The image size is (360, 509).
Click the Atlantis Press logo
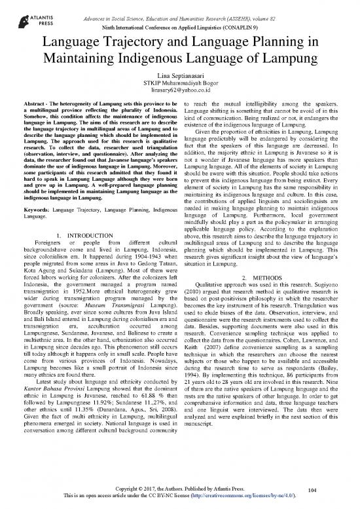[x=28, y=19]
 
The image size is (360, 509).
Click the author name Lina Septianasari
[x=179, y=79]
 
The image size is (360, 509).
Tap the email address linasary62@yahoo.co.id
[x=179, y=96]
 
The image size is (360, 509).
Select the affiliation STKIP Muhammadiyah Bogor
[x=179, y=87]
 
